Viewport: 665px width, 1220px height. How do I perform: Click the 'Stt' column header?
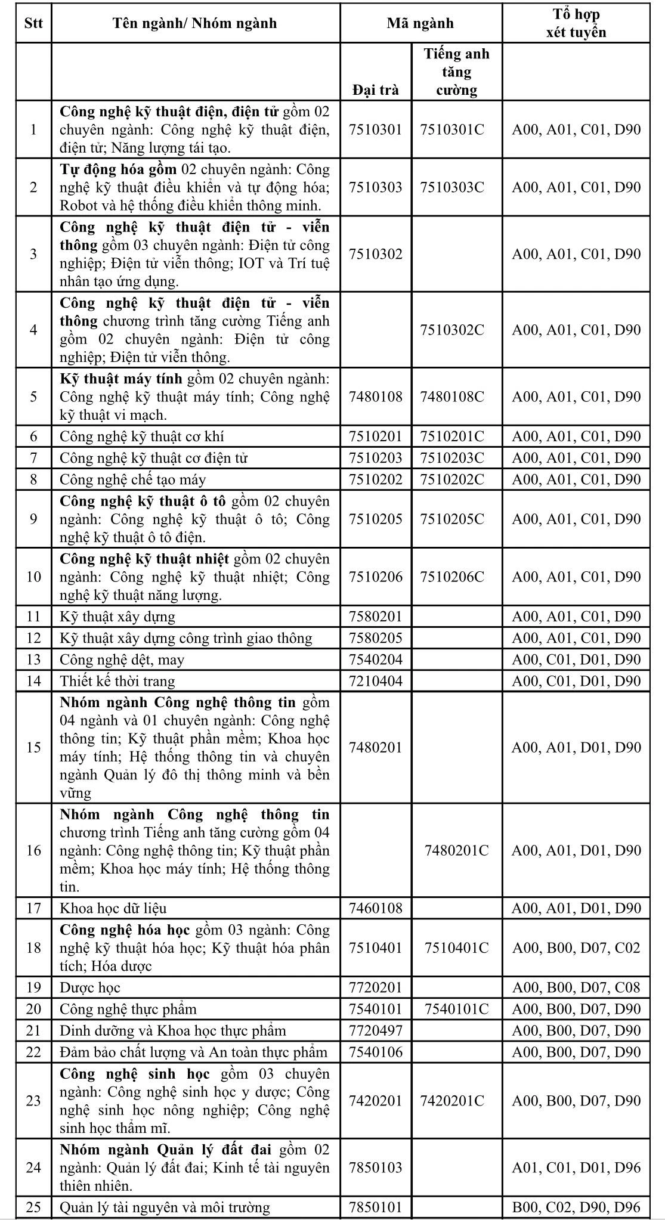click(33, 23)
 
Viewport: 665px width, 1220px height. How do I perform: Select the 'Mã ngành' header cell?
click(420, 23)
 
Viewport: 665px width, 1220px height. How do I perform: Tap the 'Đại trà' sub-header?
click(375, 90)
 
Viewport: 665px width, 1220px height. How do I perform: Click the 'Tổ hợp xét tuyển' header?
click(576, 23)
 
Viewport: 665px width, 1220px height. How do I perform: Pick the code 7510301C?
click(452, 129)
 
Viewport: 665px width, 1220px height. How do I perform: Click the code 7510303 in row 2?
click(375, 187)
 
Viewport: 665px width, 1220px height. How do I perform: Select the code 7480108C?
click(452, 397)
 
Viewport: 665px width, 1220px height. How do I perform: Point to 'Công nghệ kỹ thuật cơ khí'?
click(142, 436)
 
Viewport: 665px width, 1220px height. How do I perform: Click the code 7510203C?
click(452, 458)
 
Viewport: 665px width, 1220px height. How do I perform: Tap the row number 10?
click(33, 577)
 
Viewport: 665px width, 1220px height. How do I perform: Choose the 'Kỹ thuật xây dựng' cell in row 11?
click(117, 617)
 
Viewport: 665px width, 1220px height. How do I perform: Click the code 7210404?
click(375, 681)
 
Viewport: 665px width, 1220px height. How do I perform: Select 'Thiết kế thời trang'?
click(117, 681)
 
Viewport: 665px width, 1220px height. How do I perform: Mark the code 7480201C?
click(456, 850)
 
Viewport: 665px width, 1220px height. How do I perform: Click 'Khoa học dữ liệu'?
click(113, 908)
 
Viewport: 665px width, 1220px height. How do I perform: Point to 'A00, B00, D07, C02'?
click(576, 947)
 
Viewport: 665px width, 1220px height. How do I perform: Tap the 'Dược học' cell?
click(90, 987)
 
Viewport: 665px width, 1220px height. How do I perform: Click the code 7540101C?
click(456, 1009)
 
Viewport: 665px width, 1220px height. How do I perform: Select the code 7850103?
click(375, 1168)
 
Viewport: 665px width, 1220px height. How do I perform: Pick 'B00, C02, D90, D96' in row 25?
click(576, 1207)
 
